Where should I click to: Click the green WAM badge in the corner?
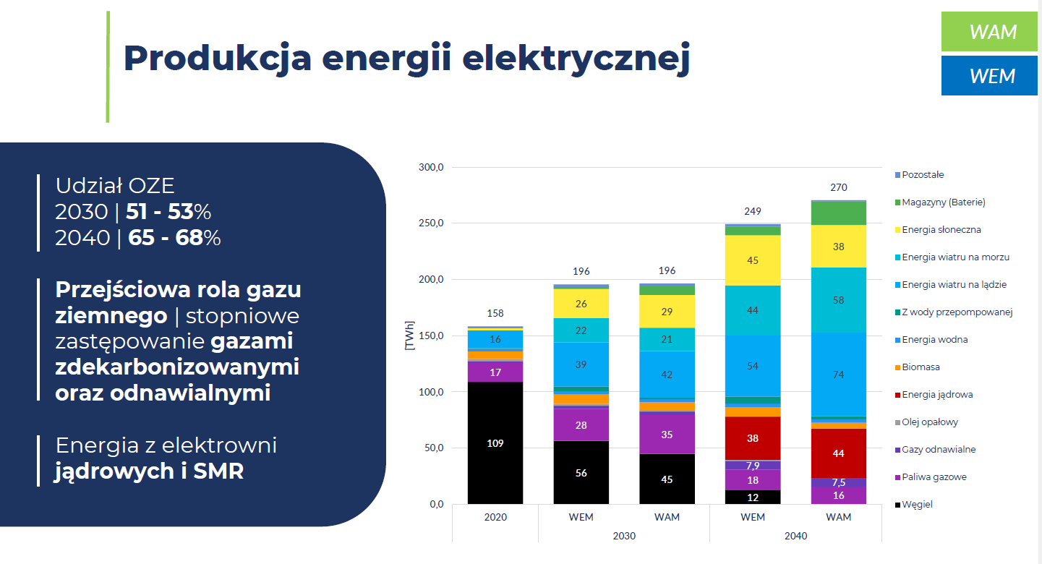click(988, 32)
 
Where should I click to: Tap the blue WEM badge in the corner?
click(988, 76)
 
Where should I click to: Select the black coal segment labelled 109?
click(495, 443)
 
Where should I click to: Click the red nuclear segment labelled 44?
click(838, 453)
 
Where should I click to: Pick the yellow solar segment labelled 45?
click(753, 260)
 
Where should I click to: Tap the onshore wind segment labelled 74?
click(838, 375)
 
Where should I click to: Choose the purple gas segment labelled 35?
click(667, 435)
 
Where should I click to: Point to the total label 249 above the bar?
click(753, 212)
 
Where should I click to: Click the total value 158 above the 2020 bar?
click(495, 313)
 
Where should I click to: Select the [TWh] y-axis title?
click(410, 336)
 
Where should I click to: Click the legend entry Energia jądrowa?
click(938, 395)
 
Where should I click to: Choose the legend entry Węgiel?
click(918, 505)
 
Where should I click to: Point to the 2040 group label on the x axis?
click(795, 536)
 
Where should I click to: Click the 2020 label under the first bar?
click(495, 517)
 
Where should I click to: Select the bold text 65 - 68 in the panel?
click(166, 238)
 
